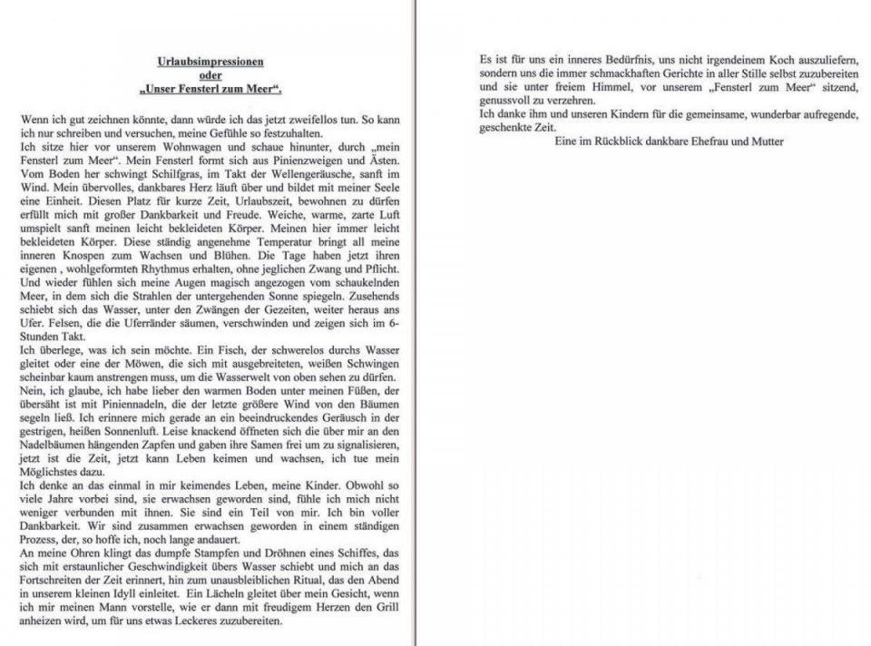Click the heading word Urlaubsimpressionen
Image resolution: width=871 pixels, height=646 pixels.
210,62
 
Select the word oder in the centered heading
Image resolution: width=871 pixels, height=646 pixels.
210,75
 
